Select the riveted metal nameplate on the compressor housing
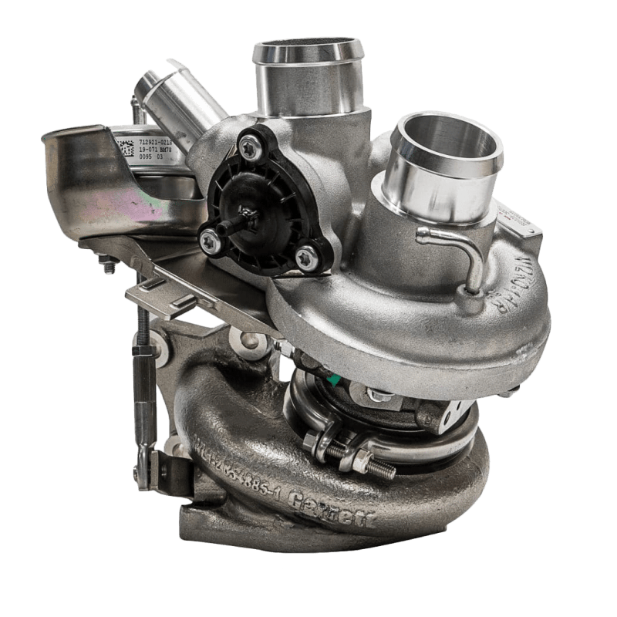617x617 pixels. (524, 224)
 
